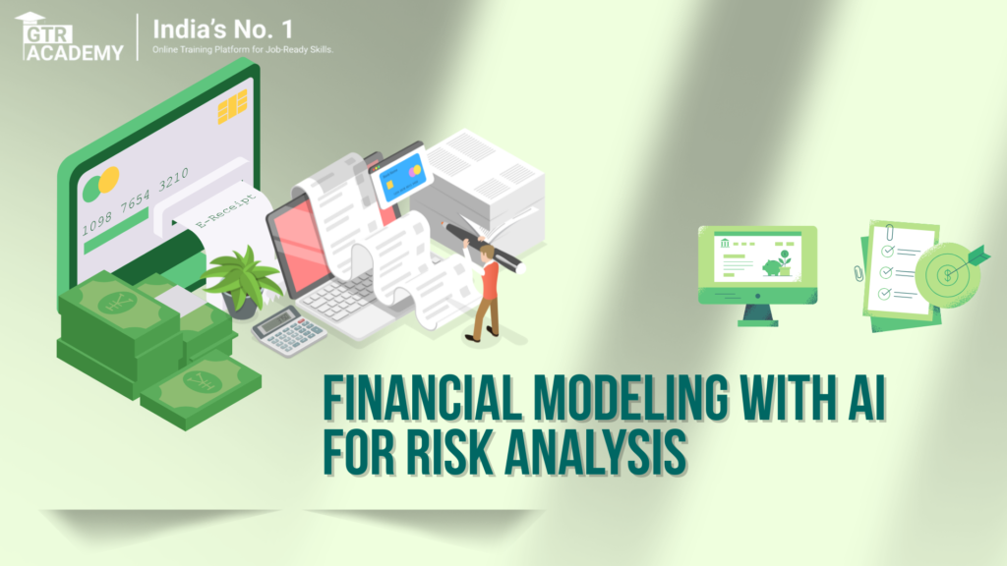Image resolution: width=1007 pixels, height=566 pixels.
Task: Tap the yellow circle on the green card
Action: coord(109,178)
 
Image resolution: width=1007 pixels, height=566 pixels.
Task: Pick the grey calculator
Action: coord(288,330)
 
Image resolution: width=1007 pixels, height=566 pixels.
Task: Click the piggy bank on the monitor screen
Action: coord(774,265)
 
